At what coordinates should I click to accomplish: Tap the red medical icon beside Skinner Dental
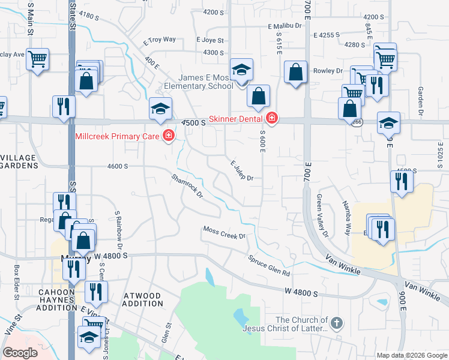pyautogui.click(x=273, y=118)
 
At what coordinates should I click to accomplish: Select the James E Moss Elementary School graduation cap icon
pyautogui.click(x=241, y=70)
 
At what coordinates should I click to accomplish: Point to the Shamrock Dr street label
pyautogui.click(x=188, y=186)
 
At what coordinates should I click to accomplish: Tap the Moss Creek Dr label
pyautogui.click(x=224, y=232)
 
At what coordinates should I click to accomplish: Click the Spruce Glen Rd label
pyautogui.click(x=270, y=266)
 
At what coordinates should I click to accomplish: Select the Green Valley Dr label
pyautogui.click(x=322, y=215)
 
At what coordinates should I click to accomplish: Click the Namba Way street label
pyautogui.click(x=347, y=217)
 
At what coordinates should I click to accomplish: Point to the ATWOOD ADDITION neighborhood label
pyautogui.click(x=142, y=300)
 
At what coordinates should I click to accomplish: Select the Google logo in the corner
pyautogui.click(x=20, y=353)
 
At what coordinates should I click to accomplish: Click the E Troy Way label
pyautogui.click(x=159, y=40)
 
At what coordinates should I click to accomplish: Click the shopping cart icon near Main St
pyautogui.click(x=37, y=59)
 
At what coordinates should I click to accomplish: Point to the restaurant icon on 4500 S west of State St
pyautogui.click(x=63, y=107)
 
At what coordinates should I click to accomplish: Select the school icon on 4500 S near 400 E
pyautogui.click(x=161, y=109)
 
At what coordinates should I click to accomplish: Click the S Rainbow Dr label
pyautogui.click(x=119, y=230)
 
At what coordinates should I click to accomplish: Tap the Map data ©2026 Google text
pyautogui.click(x=411, y=355)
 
